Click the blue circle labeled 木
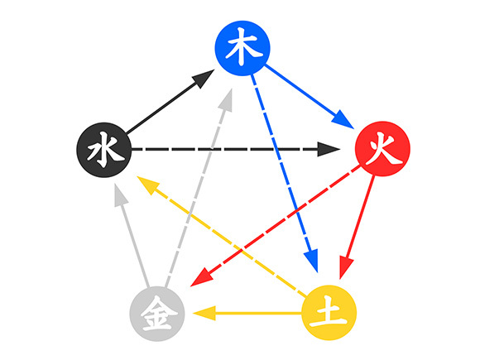coord(242,48)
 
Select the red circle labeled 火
coord(382,149)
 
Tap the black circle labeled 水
coord(104,150)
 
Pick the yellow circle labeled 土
coord(329,313)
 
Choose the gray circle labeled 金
coord(157,314)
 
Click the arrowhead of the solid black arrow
coord(204,78)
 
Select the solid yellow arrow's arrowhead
coord(204,313)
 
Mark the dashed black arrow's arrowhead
coord(329,149)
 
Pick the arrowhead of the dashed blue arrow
coord(312,260)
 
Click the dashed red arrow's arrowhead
coord(201,278)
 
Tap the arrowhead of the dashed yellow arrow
coord(148,185)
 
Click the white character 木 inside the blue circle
coord(243,46)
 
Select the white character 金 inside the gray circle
coord(159,314)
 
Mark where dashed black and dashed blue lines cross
coord(276,150)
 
